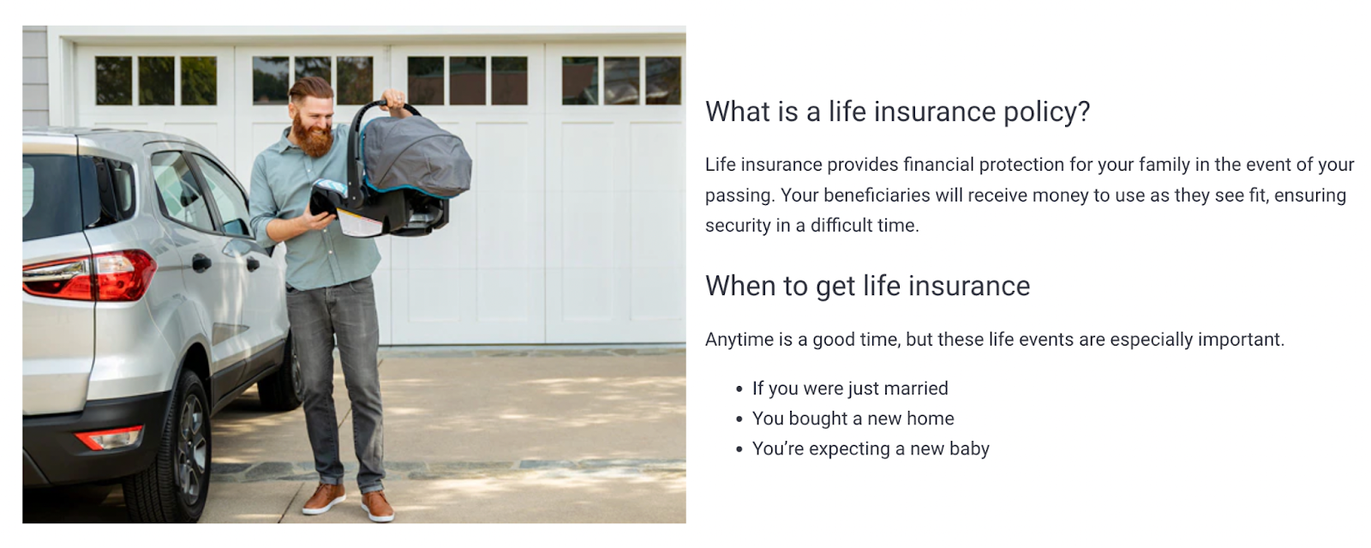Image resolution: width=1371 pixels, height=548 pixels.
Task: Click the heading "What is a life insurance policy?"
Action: pos(897,112)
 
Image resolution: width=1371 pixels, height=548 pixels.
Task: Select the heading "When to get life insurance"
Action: pos(867,286)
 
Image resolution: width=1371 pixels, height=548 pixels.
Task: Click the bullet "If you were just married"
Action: pos(850,388)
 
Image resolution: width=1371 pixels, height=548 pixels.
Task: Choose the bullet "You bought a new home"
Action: pos(853,419)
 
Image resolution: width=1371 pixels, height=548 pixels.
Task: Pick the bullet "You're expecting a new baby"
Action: pos(871,449)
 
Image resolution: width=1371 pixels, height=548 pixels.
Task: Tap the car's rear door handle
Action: pos(201,263)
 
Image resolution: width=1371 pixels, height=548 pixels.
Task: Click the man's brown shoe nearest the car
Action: pos(323,498)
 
